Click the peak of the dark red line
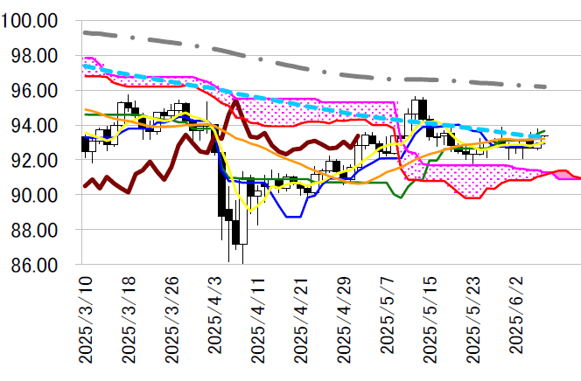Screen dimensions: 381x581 (x=236, y=100)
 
